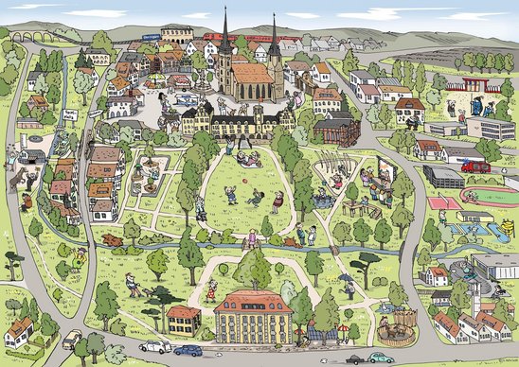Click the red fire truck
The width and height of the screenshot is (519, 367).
(x=475, y=166)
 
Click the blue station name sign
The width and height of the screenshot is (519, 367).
(x=150, y=37)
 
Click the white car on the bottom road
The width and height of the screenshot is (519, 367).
(x=153, y=345)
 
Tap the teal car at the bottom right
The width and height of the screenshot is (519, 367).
(x=380, y=358)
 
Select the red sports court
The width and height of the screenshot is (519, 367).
(x=440, y=201)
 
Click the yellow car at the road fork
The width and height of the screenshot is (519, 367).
(x=72, y=337)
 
